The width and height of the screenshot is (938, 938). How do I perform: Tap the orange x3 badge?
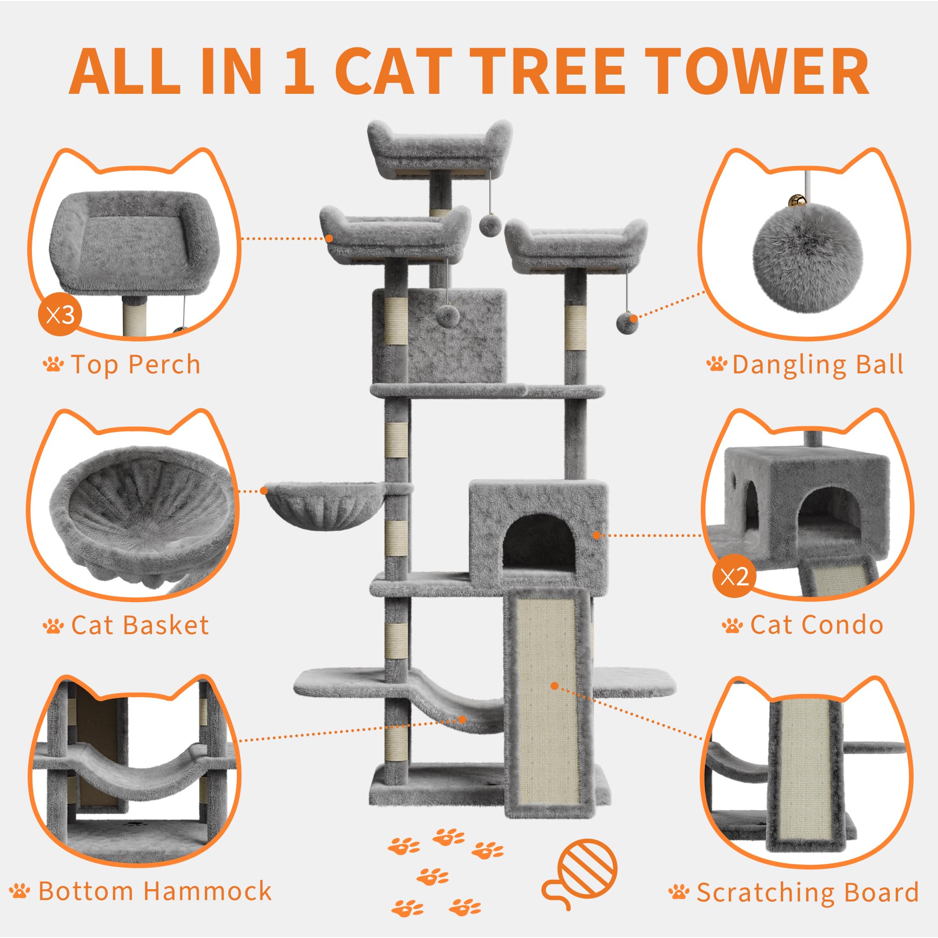(x=60, y=315)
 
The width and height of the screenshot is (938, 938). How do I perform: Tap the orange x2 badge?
(x=734, y=576)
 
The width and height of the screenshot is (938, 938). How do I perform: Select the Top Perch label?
(x=136, y=364)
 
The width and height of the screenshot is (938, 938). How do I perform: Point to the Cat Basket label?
(x=140, y=625)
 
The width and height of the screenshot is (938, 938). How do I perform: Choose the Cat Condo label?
(x=817, y=625)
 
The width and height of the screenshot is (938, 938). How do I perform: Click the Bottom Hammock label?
(x=155, y=891)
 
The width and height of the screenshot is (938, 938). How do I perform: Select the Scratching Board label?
(x=808, y=893)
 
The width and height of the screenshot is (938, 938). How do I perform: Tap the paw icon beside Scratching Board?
(x=679, y=892)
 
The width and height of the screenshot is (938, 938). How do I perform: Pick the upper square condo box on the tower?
(x=439, y=335)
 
